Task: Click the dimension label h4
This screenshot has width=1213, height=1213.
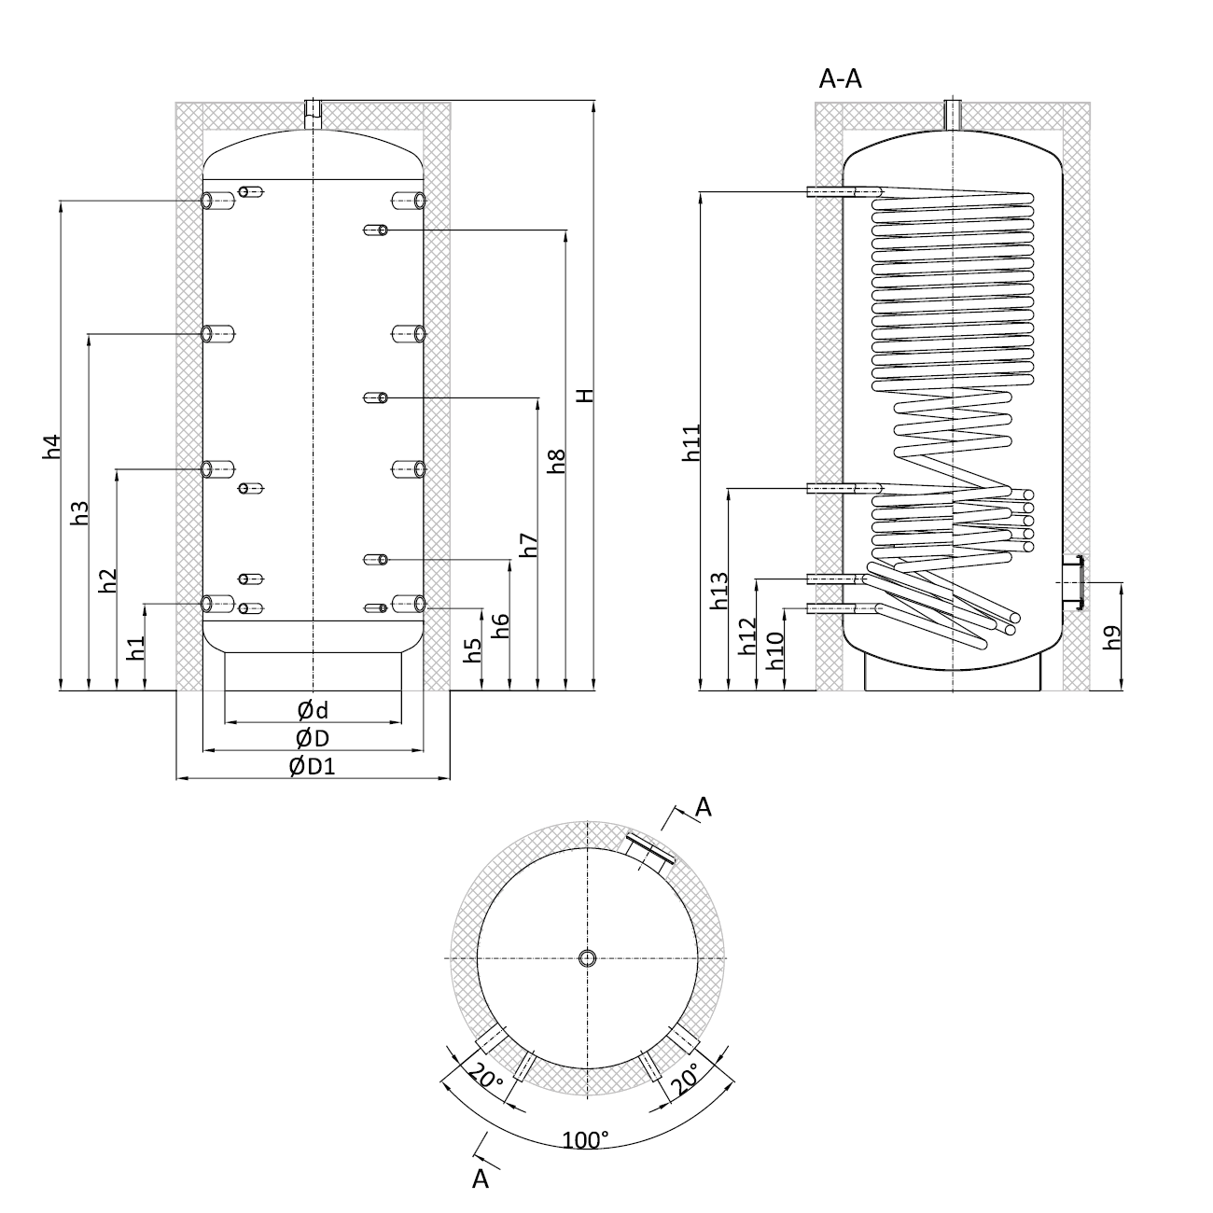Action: pyautogui.click(x=52, y=446)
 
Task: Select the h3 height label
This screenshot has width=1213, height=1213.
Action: pyautogui.click(x=80, y=512)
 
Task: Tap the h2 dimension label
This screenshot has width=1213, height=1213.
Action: pyautogui.click(x=109, y=580)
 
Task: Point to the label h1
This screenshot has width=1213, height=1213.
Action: pyautogui.click(x=136, y=648)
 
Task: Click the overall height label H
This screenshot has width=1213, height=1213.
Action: pyautogui.click(x=585, y=396)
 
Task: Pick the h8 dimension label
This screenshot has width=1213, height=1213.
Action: pyautogui.click(x=557, y=461)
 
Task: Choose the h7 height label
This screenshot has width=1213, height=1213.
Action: pyautogui.click(x=529, y=545)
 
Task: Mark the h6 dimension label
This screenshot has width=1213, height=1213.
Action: pyautogui.click(x=501, y=625)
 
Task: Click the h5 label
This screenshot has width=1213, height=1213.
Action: pyautogui.click(x=472, y=649)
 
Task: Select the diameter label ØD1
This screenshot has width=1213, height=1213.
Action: pyautogui.click(x=313, y=766)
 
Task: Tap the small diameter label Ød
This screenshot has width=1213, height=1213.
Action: pyautogui.click(x=313, y=711)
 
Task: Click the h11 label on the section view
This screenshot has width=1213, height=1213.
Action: pyautogui.click(x=691, y=442)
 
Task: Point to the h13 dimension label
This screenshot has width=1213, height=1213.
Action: pyautogui.click(x=718, y=591)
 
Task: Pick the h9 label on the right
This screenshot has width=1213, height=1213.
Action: pyautogui.click(x=1111, y=637)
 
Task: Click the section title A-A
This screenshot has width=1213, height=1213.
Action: pyautogui.click(x=840, y=80)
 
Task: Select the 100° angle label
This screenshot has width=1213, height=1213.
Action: pyautogui.click(x=587, y=1139)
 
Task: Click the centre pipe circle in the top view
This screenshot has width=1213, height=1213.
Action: pyautogui.click(x=587, y=958)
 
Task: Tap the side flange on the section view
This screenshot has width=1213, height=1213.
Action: pyautogui.click(x=1076, y=582)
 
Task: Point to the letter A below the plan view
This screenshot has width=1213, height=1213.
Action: pyautogui.click(x=481, y=1178)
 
